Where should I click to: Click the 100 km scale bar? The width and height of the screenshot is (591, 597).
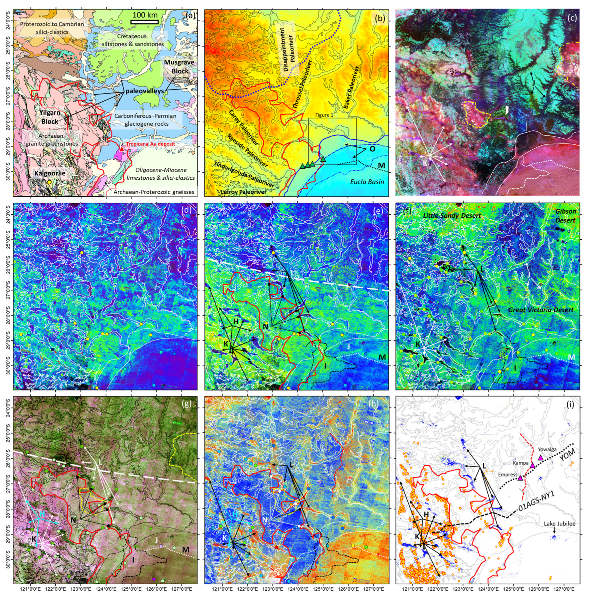[144, 22]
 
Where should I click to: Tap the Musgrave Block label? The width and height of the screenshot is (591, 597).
[179, 67]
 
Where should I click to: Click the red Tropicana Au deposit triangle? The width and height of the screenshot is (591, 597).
[122, 149]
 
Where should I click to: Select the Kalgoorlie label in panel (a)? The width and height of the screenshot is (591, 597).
[50, 173]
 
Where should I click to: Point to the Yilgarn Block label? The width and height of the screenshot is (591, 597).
[50, 117]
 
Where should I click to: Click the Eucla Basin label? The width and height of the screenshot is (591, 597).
[367, 182]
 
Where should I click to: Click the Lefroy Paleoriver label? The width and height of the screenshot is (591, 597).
[244, 192]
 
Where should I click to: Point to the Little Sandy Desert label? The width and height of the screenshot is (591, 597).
[452, 215]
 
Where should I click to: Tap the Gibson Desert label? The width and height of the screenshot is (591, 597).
[565, 215]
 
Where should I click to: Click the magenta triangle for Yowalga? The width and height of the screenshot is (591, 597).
[541, 458]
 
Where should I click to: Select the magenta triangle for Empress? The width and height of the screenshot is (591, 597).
[520, 478]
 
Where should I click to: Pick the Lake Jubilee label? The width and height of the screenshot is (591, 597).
[559, 524]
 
